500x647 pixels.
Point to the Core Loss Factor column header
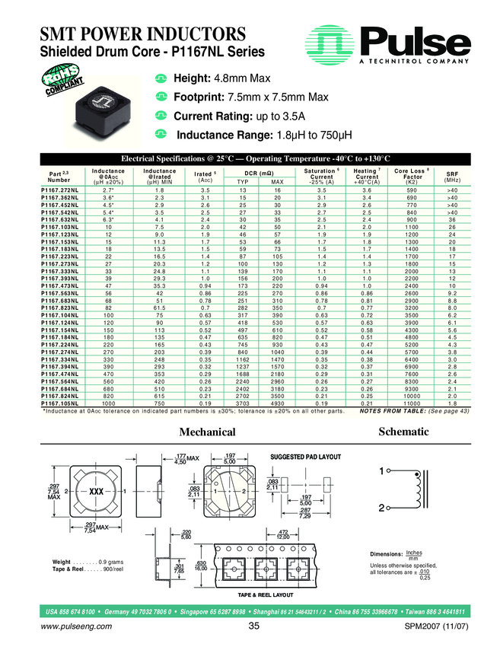pos(412,176)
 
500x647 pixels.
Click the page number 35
pos(254,626)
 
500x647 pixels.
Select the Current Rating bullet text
pos(239,116)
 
